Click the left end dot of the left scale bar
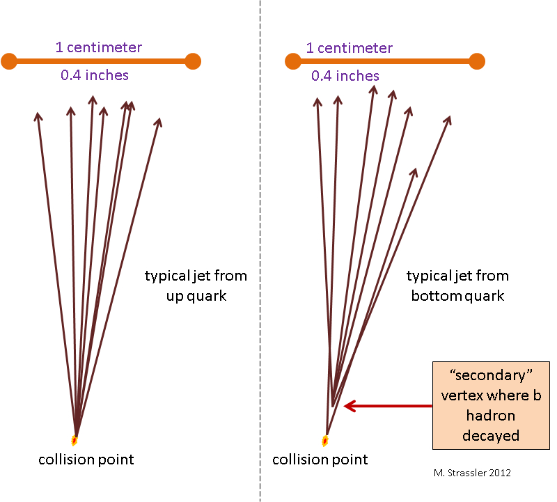tap(9, 61)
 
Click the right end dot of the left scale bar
tap(193, 61)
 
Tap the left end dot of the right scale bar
tap(293, 61)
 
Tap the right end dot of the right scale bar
tap(476, 61)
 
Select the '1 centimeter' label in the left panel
tap(99, 48)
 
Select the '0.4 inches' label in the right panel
tap(345, 76)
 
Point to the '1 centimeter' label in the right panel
tap(350, 48)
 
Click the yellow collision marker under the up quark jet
tap(74, 439)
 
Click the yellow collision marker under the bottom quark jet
tap(325, 440)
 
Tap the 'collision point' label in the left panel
tap(86, 460)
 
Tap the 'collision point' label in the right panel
tap(320, 460)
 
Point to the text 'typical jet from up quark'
tap(196, 285)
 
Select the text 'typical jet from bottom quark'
tap(457, 285)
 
